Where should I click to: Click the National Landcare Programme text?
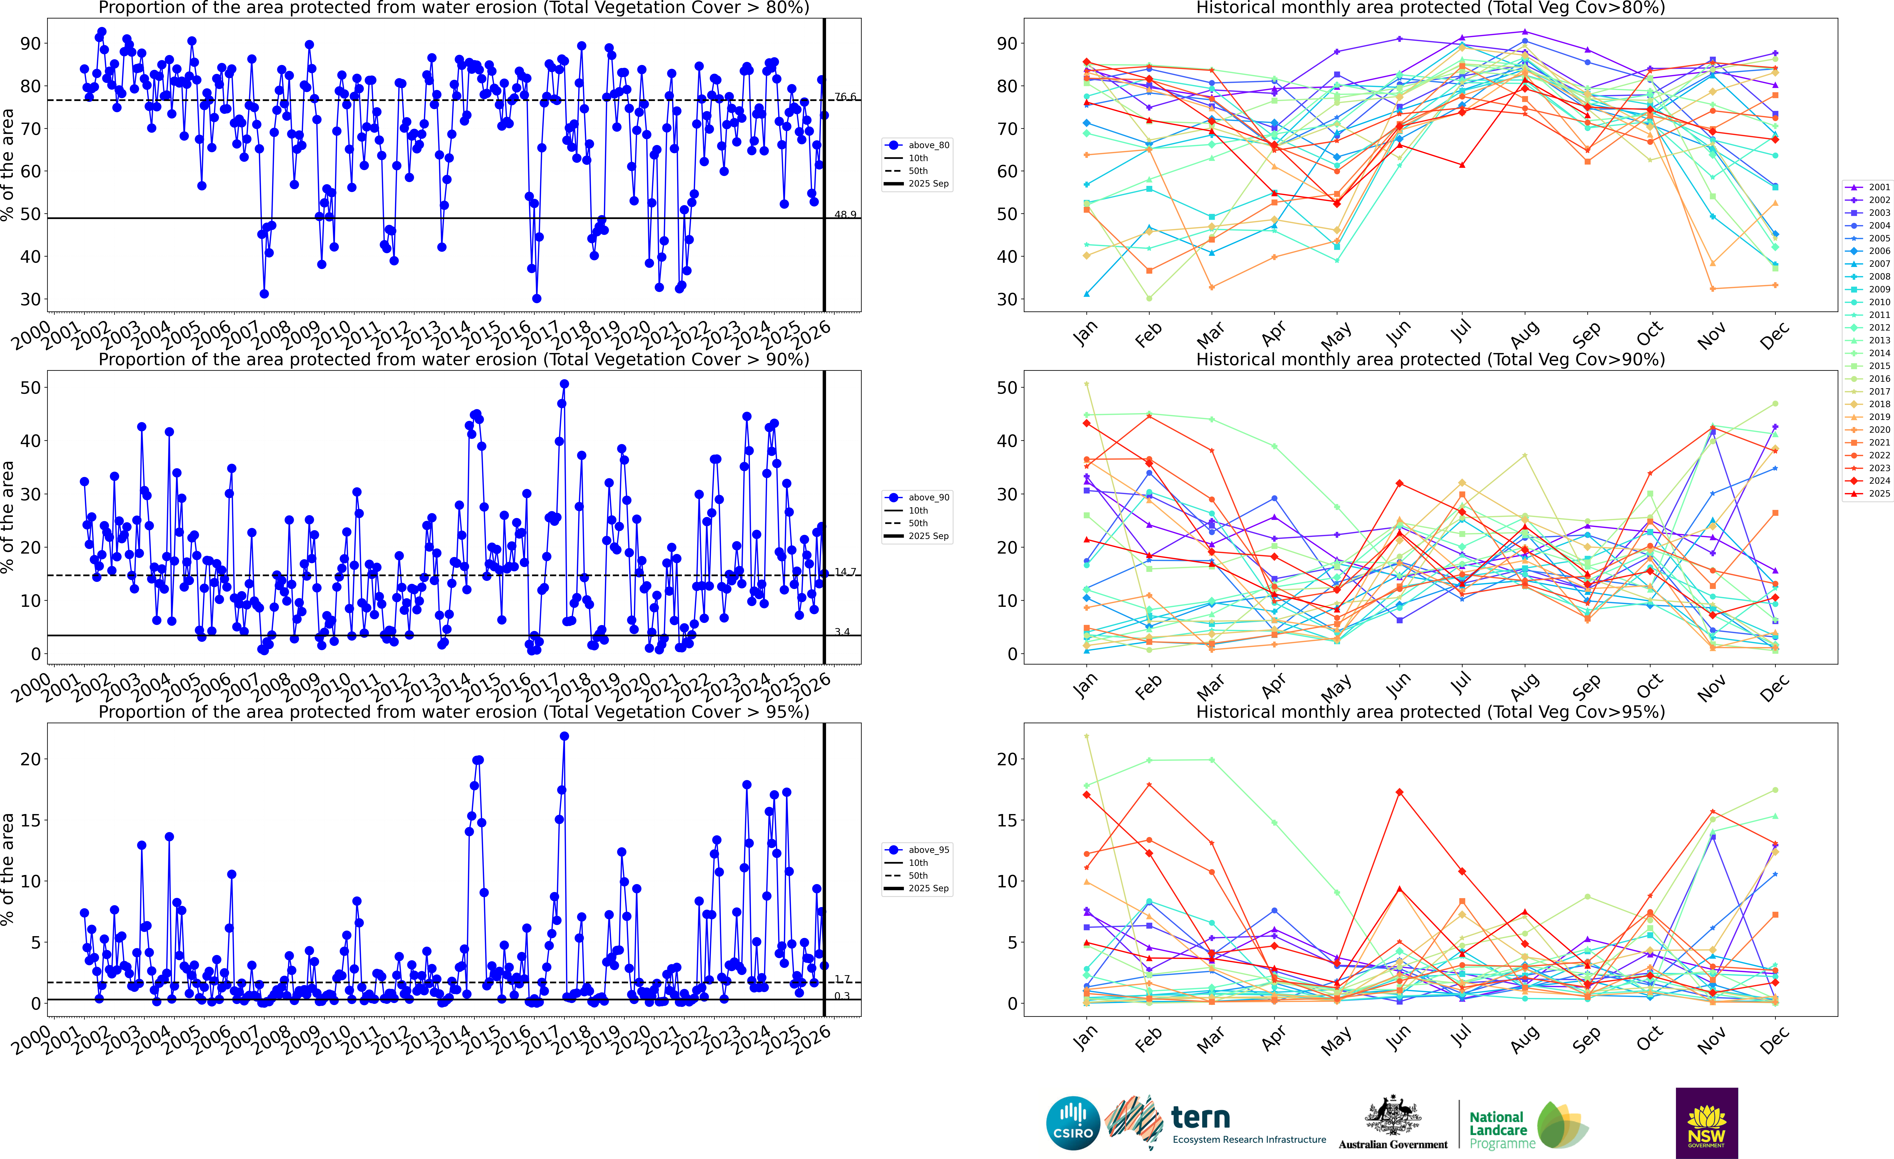pyautogui.click(x=1497, y=1130)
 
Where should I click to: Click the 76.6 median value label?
pyautogui.click(x=846, y=97)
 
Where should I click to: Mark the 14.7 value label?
pyautogui.click(x=846, y=572)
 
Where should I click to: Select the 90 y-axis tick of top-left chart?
pyautogui.click(x=31, y=44)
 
